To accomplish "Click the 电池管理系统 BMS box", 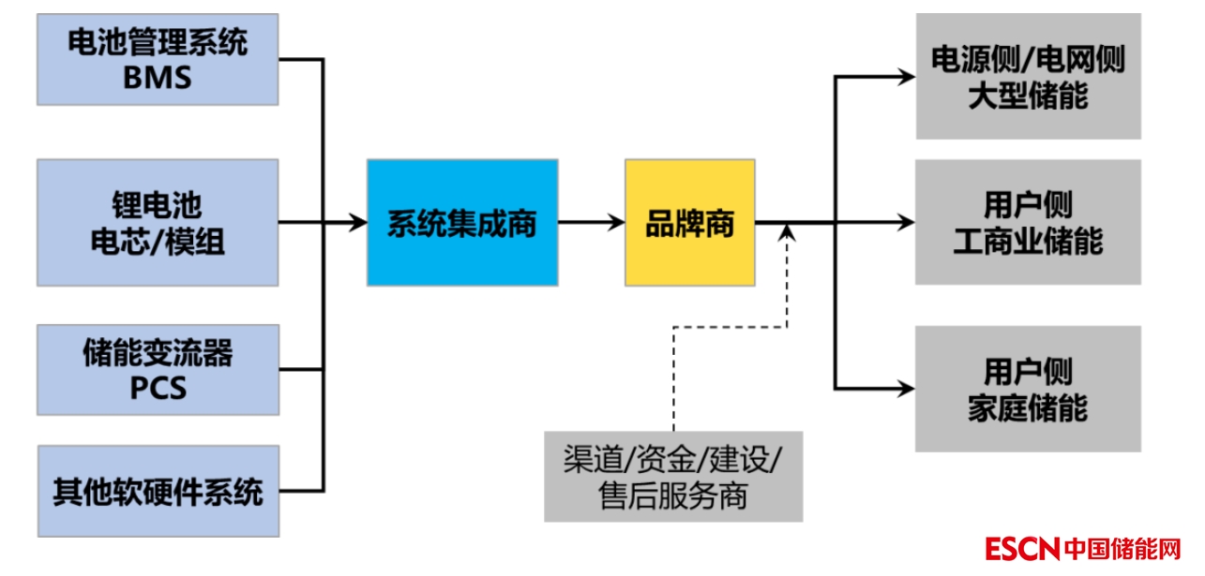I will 158,59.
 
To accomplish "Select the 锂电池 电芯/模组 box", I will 158,223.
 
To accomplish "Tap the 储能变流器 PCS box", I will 158,369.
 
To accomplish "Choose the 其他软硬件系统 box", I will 158,492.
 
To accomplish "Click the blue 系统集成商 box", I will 462,223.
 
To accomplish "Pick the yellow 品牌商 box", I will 690,223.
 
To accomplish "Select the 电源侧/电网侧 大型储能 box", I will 1028,77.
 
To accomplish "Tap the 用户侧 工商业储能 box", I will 1028,223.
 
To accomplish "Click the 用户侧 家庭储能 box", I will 1028,389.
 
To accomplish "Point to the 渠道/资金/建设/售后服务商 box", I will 673,476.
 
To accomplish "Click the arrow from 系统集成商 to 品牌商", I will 591,223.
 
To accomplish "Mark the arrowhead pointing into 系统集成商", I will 357,223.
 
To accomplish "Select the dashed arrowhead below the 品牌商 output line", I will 789,232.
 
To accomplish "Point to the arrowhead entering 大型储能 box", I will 905,78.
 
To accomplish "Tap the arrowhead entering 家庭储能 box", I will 905,388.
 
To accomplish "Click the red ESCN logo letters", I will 1021,548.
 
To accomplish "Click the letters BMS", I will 158,77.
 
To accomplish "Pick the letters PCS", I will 158,387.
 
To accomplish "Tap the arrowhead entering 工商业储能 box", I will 905,223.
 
